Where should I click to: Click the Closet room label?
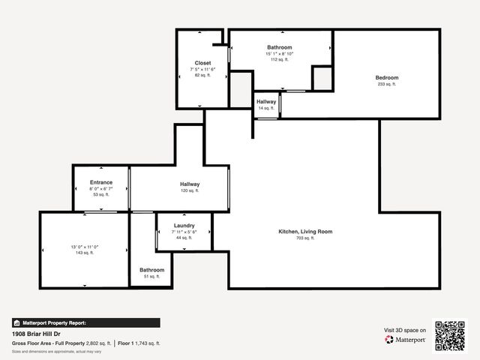[x=202, y=63]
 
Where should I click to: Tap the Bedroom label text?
[x=387, y=78]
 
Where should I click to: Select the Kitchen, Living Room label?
[x=305, y=232]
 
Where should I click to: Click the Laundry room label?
[x=184, y=226]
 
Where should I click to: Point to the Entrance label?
[x=101, y=182]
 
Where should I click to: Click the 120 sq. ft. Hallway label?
[x=189, y=184]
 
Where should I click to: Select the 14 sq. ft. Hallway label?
[x=266, y=102]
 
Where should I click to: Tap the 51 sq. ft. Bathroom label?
[x=151, y=270]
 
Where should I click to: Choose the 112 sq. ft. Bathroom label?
[x=279, y=47]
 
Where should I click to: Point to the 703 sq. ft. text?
[x=305, y=238]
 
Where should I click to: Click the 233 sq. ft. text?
[x=387, y=84]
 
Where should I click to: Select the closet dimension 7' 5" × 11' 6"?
[x=202, y=69]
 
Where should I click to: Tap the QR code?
[x=450, y=335]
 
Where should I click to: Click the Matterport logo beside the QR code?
[x=406, y=340]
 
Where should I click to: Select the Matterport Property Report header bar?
[x=85, y=322]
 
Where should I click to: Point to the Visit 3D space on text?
[x=405, y=330]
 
